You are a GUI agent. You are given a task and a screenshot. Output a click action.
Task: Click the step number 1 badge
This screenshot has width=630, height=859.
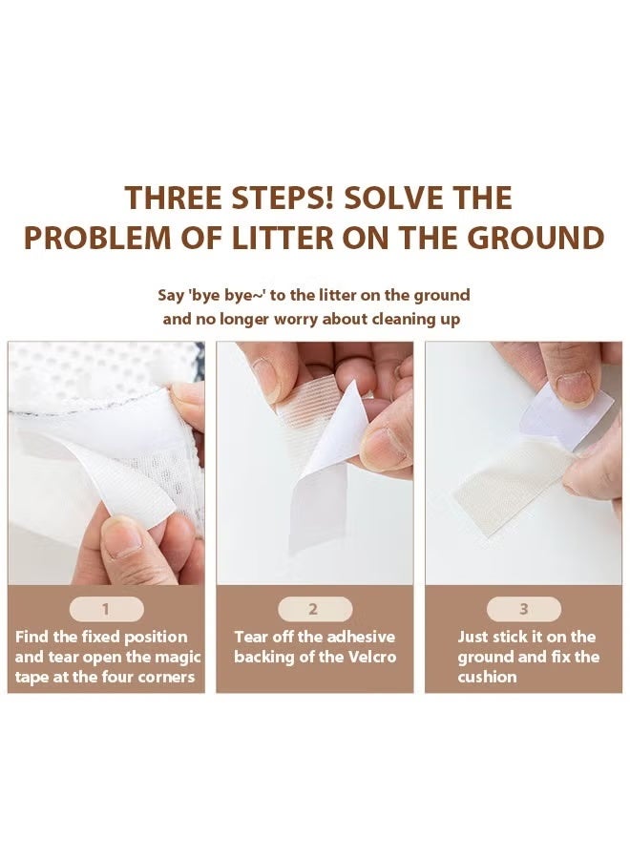pyautogui.click(x=106, y=609)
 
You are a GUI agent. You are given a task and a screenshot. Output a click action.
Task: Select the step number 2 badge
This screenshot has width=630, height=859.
pyautogui.click(x=314, y=609)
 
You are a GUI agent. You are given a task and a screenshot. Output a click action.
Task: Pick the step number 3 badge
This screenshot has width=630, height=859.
pyautogui.click(x=523, y=609)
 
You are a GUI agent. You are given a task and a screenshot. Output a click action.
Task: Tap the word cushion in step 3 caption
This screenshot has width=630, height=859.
pyautogui.click(x=487, y=677)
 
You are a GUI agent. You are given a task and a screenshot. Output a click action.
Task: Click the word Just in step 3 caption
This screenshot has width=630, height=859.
pyautogui.click(x=475, y=637)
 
